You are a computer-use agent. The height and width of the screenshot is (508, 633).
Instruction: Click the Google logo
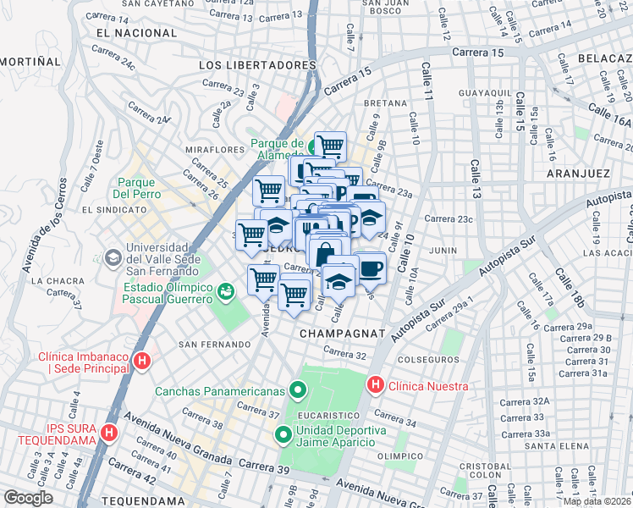pos(27,498)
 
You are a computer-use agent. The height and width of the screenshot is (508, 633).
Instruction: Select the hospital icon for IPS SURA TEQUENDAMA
pos(108,433)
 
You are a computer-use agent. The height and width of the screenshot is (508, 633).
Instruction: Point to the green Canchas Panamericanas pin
pos(297,391)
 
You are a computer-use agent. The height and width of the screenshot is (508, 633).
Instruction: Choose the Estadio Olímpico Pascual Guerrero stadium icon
pos(225,292)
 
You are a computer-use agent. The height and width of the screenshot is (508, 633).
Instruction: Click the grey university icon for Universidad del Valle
pos(112,256)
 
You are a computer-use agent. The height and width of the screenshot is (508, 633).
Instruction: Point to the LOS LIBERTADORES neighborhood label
pos(256,65)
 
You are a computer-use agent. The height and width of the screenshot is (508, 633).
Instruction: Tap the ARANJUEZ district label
pos(578,173)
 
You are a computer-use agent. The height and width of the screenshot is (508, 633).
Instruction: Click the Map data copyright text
pos(597,501)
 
